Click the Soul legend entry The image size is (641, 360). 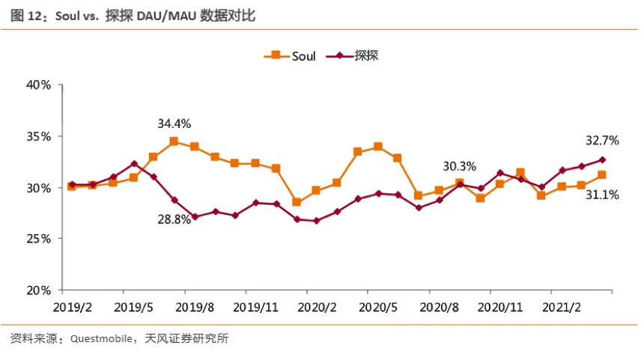pos(290,55)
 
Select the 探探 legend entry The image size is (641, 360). pos(353,55)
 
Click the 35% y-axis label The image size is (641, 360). pos(39,136)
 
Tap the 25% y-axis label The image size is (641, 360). pos(39,239)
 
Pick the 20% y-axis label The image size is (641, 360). pos(39,290)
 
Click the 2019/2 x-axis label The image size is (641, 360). pos(73,308)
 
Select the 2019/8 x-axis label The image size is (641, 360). pos(195,308)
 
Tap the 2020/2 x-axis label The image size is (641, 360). pos(317,308)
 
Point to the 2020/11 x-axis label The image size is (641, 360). pos(500,308)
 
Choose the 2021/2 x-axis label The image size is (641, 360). pos(562,308)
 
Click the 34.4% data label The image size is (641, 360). pos(174,123)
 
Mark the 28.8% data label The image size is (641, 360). pos(174,219)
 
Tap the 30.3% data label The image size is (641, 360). pos(460,166)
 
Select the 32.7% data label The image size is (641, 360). pos(602,141)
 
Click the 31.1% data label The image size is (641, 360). pos(602,195)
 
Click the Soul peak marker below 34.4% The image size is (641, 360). pos(174,141)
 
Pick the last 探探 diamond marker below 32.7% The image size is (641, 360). pos(602,159)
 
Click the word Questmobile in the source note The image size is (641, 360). pos(101,339)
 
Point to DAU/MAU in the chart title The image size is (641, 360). pos(166,16)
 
